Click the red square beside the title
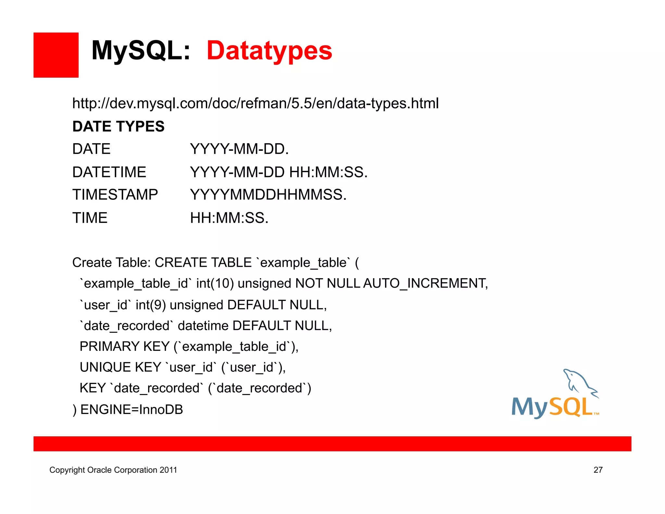(x=56, y=55)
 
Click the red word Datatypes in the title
(x=269, y=51)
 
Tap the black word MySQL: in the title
(x=141, y=51)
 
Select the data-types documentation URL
(x=255, y=103)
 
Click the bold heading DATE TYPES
(x=118, y=126)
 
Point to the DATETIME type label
(x=109, y=172)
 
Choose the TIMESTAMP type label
(x=115, y=195)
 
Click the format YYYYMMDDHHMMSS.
(x=268, y=195)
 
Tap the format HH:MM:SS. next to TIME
(x=229, y=218)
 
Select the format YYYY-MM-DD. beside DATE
(x=239, y=149)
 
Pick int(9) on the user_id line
(x=151, y=305)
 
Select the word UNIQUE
(x=105, y=367)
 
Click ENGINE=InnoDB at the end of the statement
(x=132, y=409)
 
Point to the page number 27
(x=598, y=470)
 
